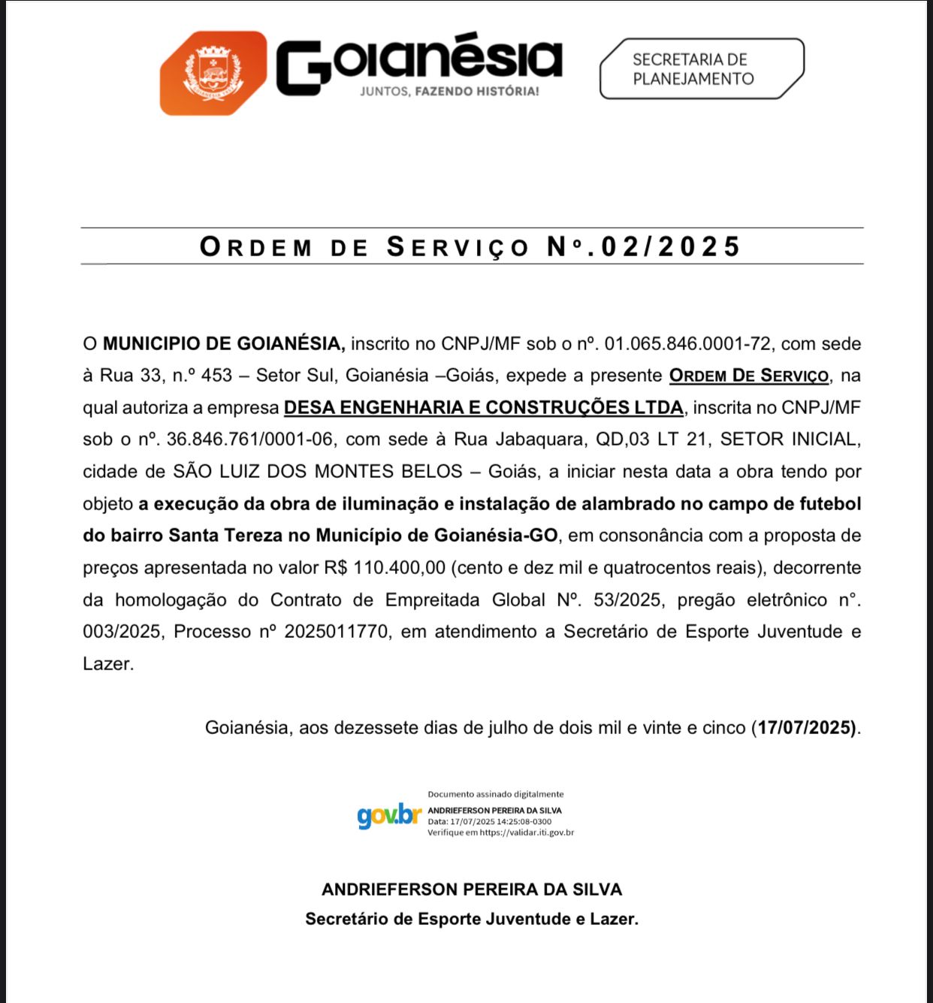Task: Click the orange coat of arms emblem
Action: point(214,73)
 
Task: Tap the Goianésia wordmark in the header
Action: point(419,62)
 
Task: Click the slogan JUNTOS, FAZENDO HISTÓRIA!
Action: point(449,91)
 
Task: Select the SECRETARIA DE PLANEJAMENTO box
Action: point(700,69)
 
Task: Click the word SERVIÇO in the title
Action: point(457,246)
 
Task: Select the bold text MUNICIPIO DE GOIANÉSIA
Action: point(223,343)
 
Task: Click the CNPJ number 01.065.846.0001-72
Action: point(687,343)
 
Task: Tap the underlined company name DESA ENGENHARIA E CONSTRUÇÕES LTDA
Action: point(484,407)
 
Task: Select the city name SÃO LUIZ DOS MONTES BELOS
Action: point(318,471)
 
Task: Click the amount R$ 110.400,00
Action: point(385,567)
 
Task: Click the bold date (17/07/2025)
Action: point(806,727)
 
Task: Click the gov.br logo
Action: point(388,815)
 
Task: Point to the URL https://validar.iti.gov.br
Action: point(527,832)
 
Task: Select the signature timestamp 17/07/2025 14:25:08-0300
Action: point(500,821)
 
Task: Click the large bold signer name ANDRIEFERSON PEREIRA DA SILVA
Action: point(472,890)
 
